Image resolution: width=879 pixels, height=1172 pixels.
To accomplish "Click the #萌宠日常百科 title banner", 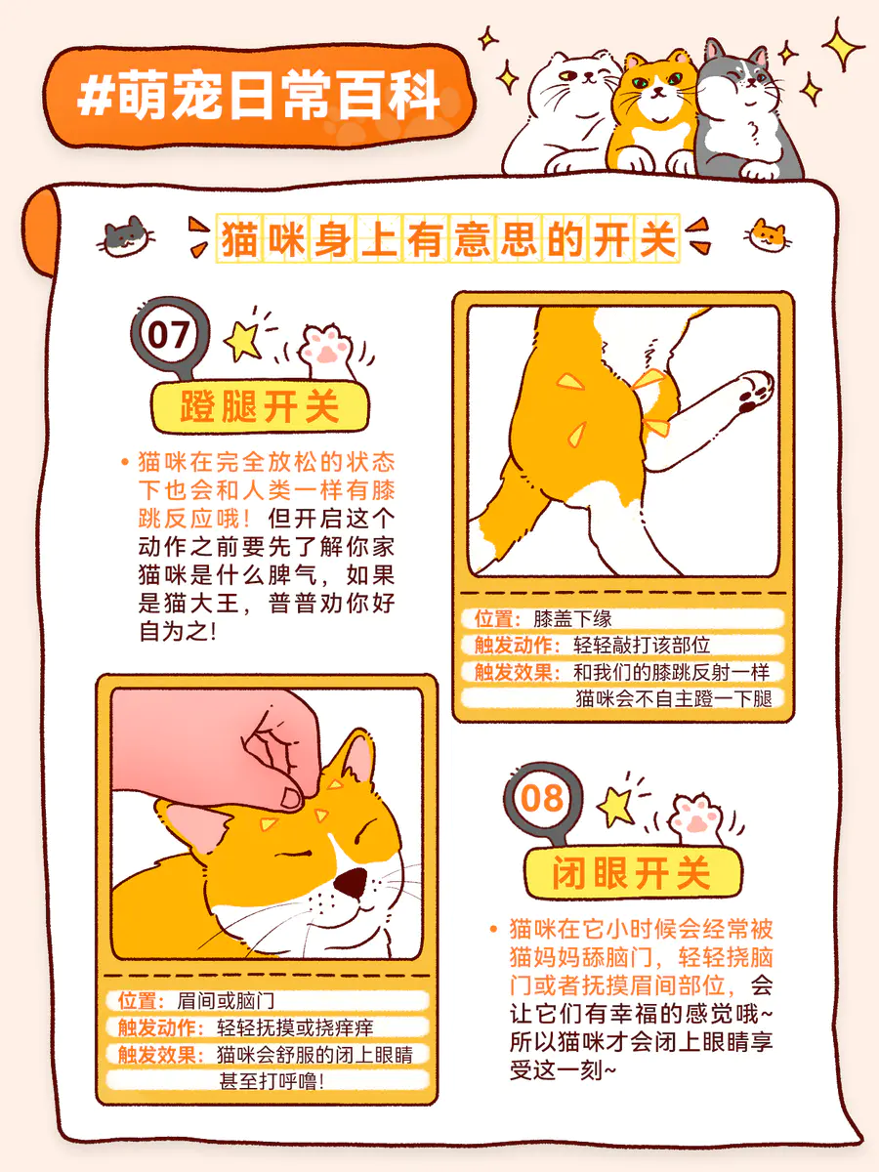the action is (259, 96).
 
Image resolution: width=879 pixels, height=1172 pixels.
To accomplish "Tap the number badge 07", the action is (170, 335).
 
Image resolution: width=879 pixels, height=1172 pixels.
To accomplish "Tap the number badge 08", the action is (542, 799).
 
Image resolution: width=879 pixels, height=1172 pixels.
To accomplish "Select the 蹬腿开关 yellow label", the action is (261, 407).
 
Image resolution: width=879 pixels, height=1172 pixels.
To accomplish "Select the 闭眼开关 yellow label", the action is (633, 872).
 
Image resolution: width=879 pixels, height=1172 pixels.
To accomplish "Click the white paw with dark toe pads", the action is (754, 392).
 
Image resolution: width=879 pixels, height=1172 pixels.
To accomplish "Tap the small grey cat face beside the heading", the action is (126, 236).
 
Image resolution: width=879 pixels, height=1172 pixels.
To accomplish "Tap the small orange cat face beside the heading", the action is (767, 235).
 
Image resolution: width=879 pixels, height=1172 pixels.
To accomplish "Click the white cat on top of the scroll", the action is (564, 113).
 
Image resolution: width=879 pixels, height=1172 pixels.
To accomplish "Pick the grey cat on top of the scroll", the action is (747, 112).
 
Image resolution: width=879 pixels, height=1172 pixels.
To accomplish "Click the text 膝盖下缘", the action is (572, 619).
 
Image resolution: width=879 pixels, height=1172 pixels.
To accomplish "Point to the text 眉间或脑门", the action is (226, 1001).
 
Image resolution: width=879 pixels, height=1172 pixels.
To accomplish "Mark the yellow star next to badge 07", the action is (242, 340).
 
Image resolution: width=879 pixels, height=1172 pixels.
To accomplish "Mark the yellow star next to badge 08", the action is (615, 804).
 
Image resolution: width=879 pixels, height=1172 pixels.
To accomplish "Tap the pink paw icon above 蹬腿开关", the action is (326, 351).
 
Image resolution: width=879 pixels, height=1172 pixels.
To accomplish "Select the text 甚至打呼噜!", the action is (272, 1082).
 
